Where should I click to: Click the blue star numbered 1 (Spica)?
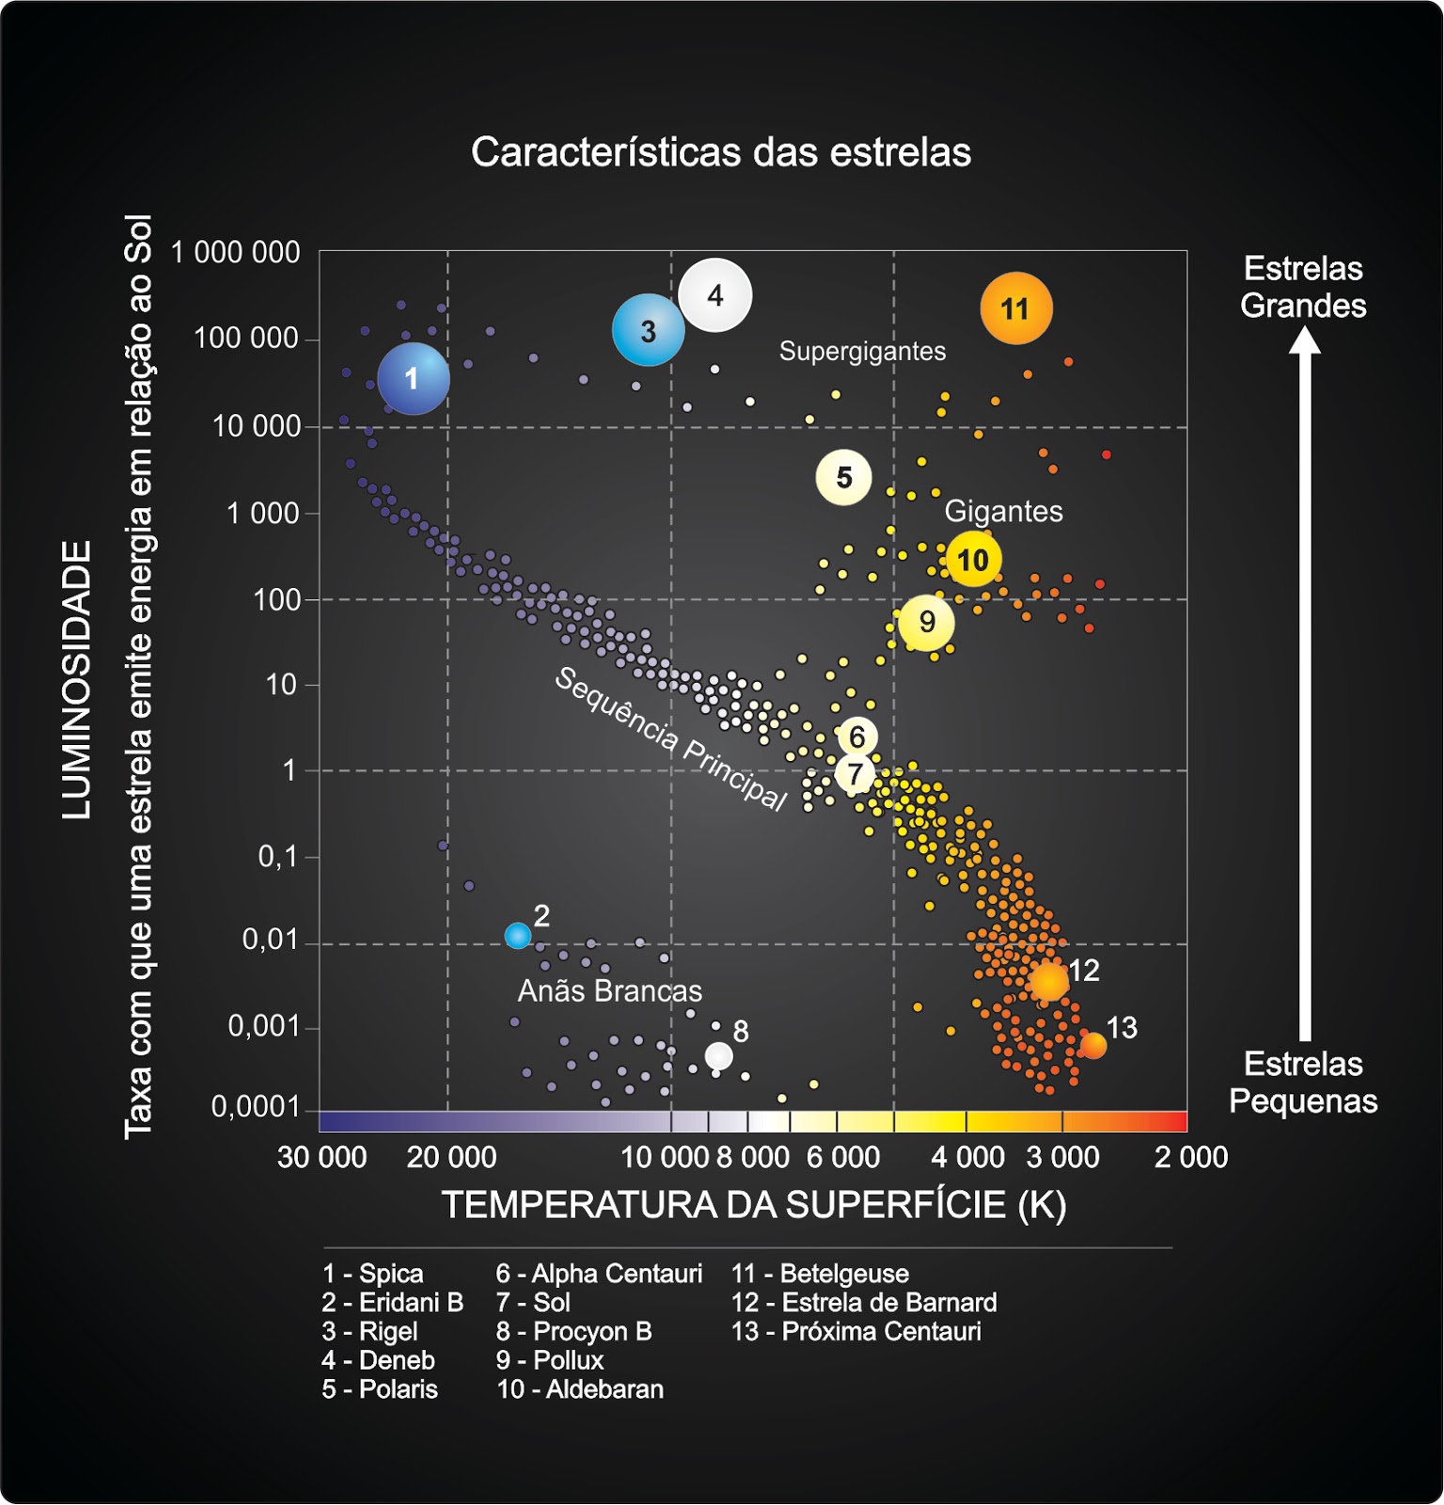pos(413,378)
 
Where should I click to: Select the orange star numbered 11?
pos(1015,309)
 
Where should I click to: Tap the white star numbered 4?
pos(715,295)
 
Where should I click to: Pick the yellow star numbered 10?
pos(973,560)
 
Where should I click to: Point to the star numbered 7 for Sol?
pos(855,774)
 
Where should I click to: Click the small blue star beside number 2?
pos(517,935)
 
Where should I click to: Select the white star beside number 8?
pos(718,1055)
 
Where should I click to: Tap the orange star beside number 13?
pos(1093,1045)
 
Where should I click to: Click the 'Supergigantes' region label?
pos(862,352)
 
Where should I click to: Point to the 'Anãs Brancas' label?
pos(609,990)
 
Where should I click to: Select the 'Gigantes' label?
pos(1003,511)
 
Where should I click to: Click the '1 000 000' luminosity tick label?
pos(235,252)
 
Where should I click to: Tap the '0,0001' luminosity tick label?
pos(255,1107)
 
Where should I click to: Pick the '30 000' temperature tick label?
pos(322,1157)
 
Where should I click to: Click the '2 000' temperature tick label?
pos(1190,1157)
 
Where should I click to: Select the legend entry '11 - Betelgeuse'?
pos(820,1274)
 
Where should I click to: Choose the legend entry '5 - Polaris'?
pos(380,1389)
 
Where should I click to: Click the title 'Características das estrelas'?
pos(721,152)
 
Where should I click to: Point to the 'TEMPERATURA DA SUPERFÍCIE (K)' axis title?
pos(754,1205)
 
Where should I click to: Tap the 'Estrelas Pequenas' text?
pos(1303,1083)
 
